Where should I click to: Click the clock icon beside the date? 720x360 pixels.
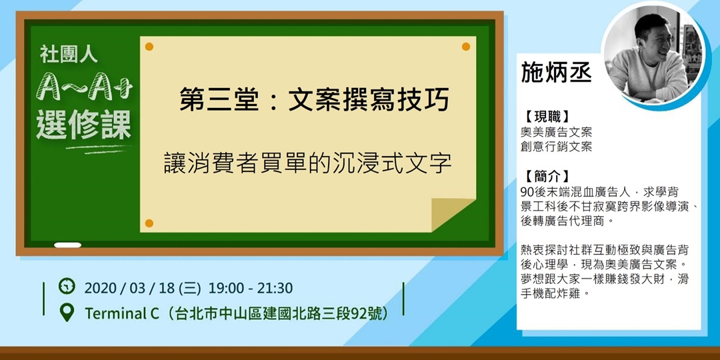point(67,287)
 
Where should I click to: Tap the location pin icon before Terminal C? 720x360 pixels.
point(67,312)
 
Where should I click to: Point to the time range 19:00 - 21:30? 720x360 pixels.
point(250,288)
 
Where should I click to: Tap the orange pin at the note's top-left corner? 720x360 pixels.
point(149,47)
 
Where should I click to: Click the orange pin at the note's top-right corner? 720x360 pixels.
point(466,47)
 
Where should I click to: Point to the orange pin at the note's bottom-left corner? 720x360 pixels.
point(149,223)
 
